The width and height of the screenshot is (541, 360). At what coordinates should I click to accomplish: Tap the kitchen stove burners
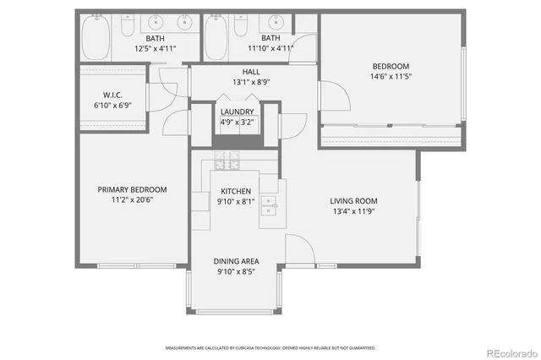click(x=226, y=158)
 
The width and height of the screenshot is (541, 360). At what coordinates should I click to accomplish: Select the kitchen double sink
click(x=269, y=203)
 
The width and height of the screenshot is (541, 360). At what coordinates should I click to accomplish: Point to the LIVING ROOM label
click(x=353, y=201)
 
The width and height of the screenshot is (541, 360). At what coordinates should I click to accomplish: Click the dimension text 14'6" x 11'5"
click(x=391, y=76)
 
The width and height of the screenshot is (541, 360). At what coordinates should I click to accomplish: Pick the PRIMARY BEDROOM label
click(x=132, y=189)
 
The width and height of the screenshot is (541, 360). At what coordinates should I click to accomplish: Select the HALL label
click(x=251, y=73)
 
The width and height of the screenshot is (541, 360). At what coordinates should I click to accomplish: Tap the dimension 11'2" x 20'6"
click(x=132, y=199)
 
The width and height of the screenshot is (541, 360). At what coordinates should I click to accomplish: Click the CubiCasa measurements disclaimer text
click(x=270, y=347)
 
